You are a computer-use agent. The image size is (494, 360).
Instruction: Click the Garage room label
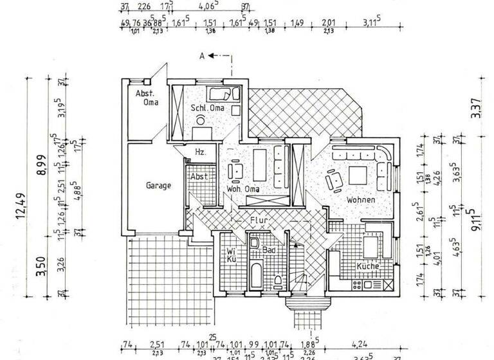point(158,186)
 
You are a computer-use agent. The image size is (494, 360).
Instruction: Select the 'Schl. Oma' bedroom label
point(206,108)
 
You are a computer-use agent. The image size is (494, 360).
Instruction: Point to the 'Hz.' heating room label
point(199,152)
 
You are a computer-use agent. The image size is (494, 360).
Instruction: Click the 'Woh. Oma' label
point(243,189)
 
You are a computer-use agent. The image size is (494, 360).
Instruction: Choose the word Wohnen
point(361,200)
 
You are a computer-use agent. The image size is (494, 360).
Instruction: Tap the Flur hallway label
point(259,220)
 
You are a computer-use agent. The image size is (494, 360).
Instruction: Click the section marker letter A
point(202,56)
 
